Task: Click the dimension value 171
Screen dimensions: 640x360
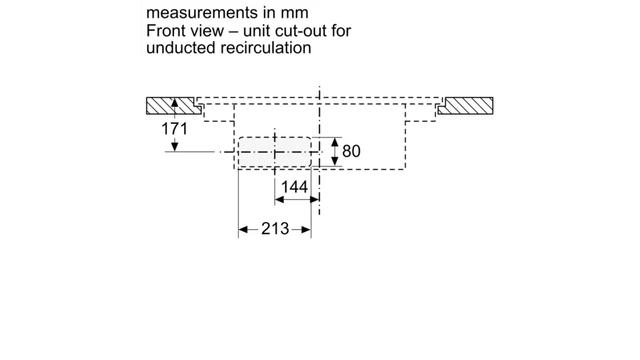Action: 175,129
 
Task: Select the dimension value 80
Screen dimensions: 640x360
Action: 351,151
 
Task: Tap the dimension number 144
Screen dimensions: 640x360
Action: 294,187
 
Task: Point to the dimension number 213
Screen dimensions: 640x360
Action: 275,228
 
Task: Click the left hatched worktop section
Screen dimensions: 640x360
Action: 174,106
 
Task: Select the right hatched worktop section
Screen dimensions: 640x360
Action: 466,106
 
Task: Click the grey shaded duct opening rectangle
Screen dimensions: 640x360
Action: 274,152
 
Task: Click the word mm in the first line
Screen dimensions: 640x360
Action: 294,13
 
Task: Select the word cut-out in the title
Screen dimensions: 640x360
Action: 299,31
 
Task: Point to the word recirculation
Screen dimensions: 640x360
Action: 266,48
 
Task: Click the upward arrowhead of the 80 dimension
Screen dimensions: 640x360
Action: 335,142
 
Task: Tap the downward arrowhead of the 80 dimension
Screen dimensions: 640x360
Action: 335,162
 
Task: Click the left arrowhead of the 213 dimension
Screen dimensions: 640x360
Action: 243,229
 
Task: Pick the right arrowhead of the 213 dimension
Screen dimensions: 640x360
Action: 306,229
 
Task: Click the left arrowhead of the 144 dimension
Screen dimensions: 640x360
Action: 279,199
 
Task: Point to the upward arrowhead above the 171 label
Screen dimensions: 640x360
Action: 175,103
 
